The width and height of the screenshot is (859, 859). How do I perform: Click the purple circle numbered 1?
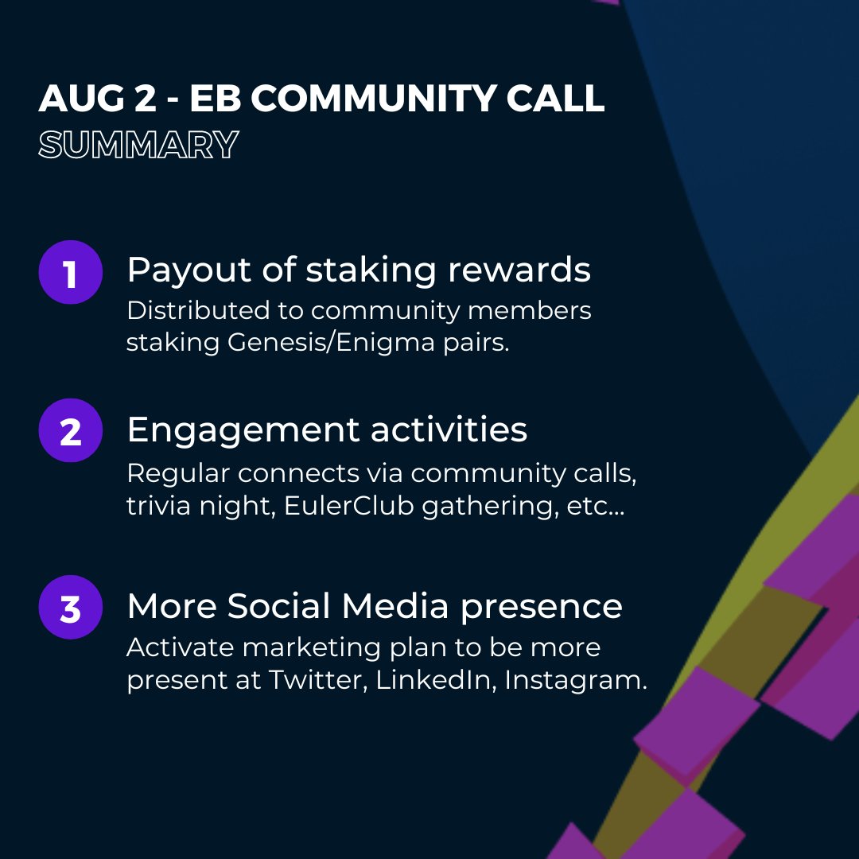coord(71,272)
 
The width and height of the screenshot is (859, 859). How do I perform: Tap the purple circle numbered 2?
coord(71,430)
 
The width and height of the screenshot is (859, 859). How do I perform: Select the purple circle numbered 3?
coord(71,607)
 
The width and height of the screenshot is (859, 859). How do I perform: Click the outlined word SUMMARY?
coord(138,146)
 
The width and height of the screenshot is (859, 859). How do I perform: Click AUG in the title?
coord(76,98)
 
